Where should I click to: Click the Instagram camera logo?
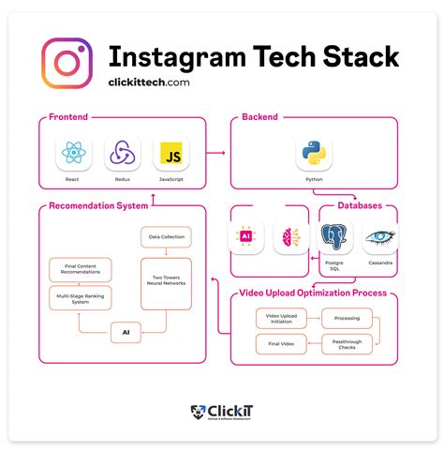point(67,63)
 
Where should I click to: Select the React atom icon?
point(72,154)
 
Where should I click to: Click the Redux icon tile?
point(122,154)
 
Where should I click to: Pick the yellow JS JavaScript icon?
point(171,154)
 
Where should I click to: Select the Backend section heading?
point(259,118)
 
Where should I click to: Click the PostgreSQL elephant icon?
point(335,238)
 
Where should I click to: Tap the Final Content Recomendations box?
point(80,270)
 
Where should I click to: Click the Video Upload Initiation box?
point(281,319)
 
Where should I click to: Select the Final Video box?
point(281,344)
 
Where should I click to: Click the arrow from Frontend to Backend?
point(218,151)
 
